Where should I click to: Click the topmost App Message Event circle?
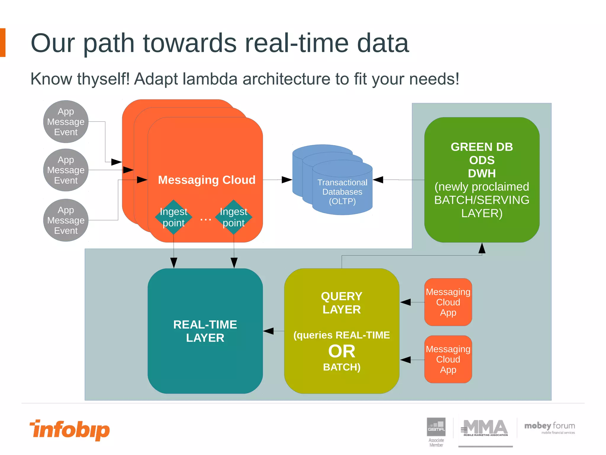[66, 122]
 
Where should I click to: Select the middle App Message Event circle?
[66, 170]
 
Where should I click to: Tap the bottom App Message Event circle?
[66, 220]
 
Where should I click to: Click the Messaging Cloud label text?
[207, 180]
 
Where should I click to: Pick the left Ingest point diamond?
[174, 217]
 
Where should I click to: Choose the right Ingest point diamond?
[234, 217]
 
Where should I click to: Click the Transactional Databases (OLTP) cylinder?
[342, 190]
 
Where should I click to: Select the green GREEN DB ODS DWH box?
[482, 180]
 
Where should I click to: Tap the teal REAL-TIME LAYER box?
[205, 331]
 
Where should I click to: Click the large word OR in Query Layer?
[342, 351]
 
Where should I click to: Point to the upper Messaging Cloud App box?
[448, 302]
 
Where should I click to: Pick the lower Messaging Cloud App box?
[448, 359]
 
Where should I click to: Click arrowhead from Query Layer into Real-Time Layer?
[268, 331]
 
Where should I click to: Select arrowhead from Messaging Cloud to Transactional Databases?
[286, 180]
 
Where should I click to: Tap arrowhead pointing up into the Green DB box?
[482, 248]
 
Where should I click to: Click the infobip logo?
[70, 430]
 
